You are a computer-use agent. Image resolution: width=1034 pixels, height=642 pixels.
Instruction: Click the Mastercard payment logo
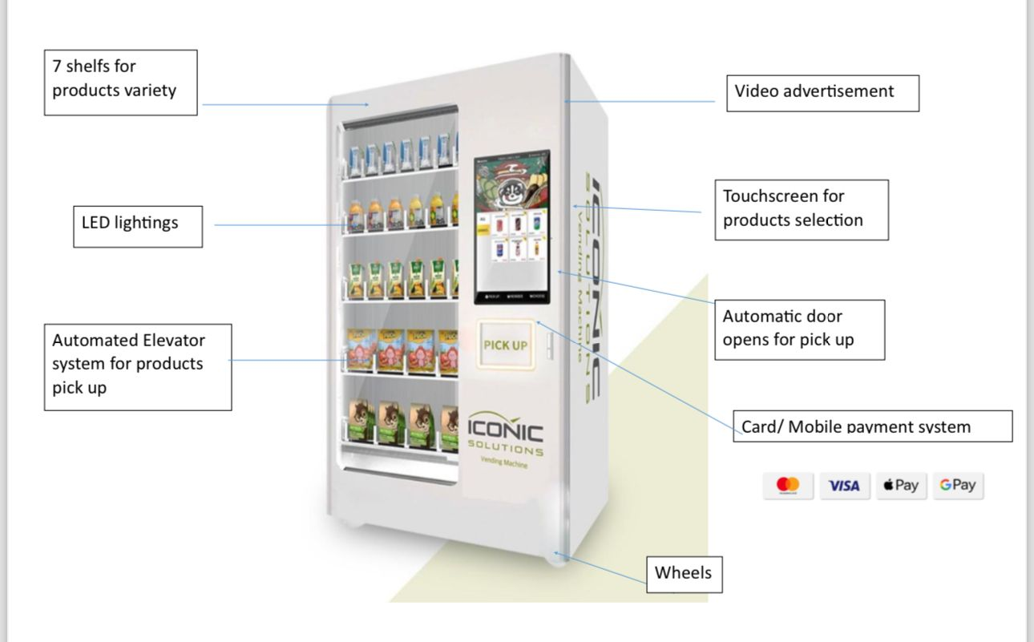click(788, 485)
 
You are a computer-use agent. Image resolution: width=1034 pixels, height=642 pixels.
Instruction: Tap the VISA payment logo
click(844, 486)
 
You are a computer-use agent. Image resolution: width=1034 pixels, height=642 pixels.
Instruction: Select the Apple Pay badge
click(901, 485)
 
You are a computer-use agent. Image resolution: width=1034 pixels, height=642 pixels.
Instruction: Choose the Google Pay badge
click(958, 485)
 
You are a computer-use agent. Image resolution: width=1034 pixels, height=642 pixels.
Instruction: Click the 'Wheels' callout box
click(684, 574)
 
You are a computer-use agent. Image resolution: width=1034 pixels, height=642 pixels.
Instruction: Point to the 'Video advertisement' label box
click(822, 93)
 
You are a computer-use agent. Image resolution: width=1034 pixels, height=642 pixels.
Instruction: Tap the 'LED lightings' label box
click(138, 226)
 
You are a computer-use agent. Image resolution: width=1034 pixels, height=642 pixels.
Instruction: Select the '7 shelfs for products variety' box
click(120, 83)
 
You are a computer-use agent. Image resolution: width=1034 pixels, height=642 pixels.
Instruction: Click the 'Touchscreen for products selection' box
click(802, 209)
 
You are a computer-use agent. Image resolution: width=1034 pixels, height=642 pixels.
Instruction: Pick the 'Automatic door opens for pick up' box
click(799, 329)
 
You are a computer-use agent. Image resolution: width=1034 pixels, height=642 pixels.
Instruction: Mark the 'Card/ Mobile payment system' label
click(873, 426)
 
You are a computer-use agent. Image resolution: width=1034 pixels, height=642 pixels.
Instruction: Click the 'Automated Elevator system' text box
click(138, 366)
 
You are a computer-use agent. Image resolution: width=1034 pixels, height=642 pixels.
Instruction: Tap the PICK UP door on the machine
click(506, 345)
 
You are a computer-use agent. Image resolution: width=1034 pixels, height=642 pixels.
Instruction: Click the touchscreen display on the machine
click(511, 228)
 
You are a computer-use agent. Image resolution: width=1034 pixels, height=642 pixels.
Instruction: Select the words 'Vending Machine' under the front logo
click(504, 462)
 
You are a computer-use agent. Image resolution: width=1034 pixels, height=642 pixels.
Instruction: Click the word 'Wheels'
click(683, 573)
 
